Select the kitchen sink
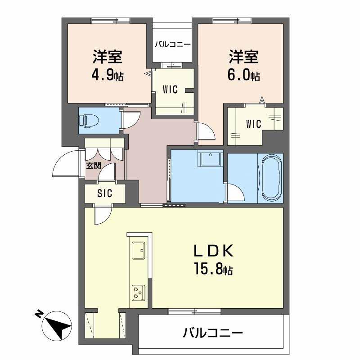tap(138, 251)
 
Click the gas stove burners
tap(138, 292)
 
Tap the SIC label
tap(105, 193)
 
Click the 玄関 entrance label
tap(94, 166)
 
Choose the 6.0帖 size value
tap(243, 76)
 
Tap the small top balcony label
tap(173, 45)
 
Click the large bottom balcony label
tap(213, 333)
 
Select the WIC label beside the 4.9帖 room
tap(170, 90)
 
